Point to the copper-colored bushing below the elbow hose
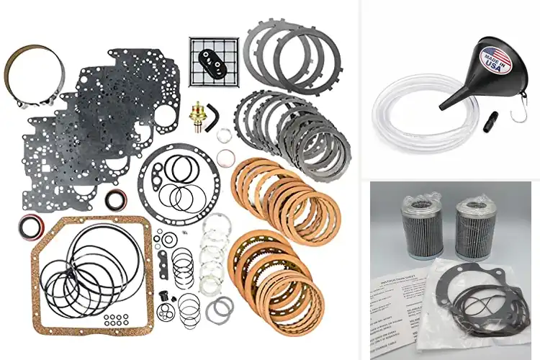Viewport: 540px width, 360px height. tap(225, 158)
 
